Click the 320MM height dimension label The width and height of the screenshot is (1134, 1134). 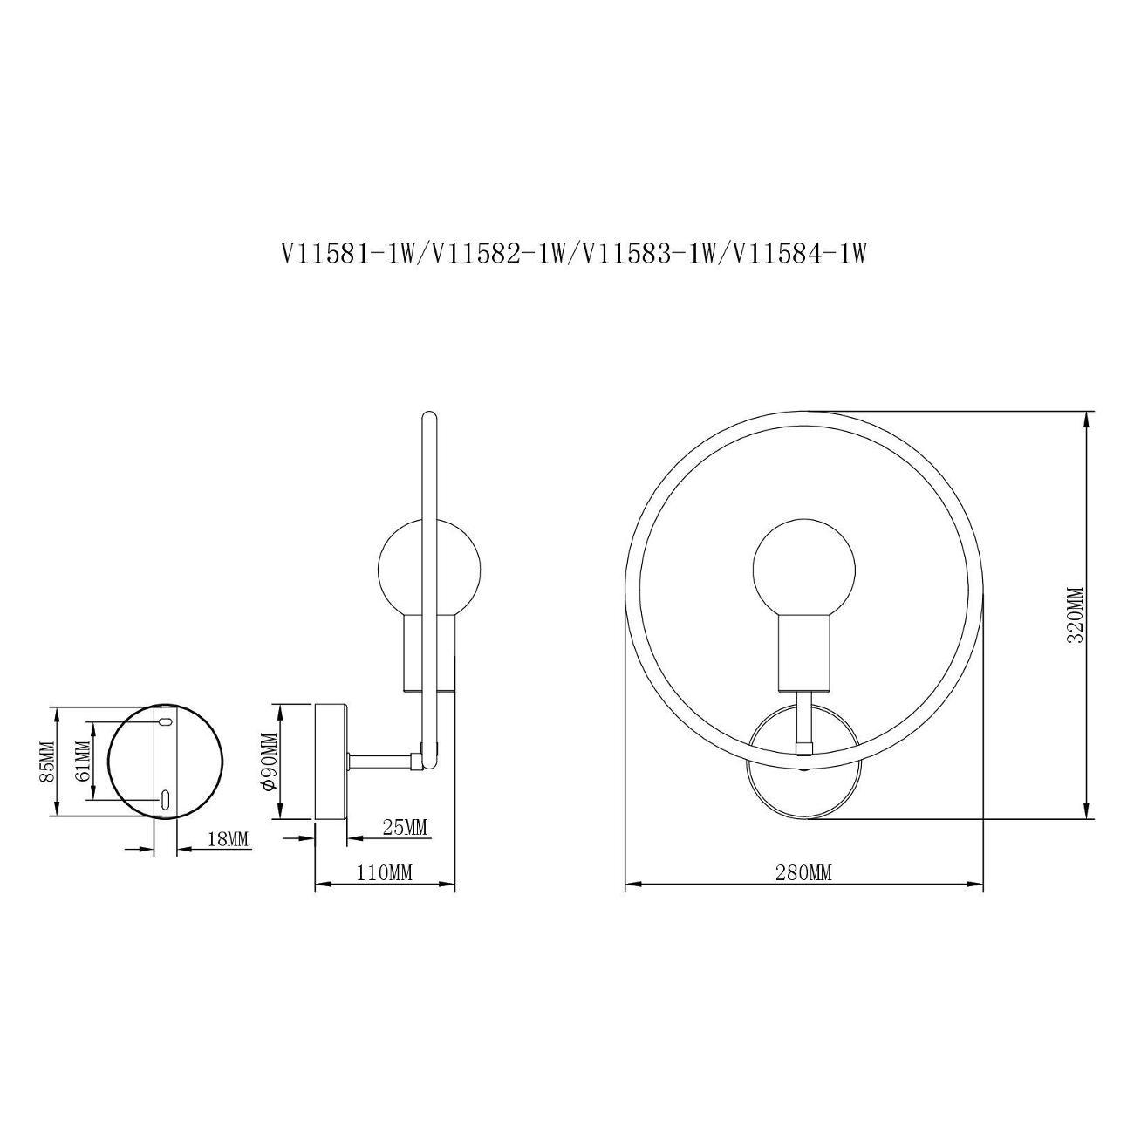coord(1075,616)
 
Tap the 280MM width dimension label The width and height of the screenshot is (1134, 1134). coord(803,873)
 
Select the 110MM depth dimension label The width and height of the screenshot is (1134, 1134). coord(385,873)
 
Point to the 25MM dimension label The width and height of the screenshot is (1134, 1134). coord(404,828)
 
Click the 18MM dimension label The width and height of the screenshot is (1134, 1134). coord(228,839)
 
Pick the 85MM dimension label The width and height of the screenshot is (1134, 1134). coord(46,762)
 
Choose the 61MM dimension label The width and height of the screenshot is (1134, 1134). coord(83,761)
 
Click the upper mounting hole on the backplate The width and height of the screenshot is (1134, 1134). coord(166,721)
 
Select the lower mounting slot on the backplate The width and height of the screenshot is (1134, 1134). coord(166,800)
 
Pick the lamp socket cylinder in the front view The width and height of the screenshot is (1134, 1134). coord(804,652)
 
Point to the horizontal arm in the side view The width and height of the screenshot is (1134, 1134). coord(383,762)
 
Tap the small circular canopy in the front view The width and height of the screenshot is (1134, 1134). coord(804,762)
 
